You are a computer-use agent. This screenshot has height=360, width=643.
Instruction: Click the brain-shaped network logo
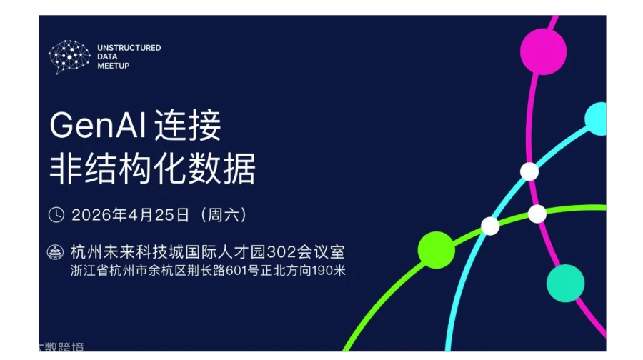[x=69, y=56]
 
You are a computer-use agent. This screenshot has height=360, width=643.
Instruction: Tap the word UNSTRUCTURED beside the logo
[x=129, y=48]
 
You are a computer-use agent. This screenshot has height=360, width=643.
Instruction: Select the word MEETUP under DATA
[x=113, y=66]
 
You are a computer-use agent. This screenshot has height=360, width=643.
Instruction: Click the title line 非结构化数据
[x=152, y=169]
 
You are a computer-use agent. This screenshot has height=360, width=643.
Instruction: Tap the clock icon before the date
[x=56, y=214]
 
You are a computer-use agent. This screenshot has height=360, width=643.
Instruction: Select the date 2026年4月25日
[x=130, y=214]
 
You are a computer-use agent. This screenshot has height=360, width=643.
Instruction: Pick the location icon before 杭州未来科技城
[x=56, y=253]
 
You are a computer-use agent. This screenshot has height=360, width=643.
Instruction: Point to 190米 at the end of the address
[x=330, y=271]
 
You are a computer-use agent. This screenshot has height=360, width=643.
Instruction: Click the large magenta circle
[x=543, y=51]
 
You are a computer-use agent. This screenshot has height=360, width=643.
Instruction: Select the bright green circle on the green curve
[x=436, y=250]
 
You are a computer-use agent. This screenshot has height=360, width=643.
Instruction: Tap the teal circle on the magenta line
[x=565, y=283]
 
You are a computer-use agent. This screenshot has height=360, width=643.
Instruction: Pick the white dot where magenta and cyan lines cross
[x=529, y=171]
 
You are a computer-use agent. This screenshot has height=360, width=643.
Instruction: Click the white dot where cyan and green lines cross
[x=490, y=226]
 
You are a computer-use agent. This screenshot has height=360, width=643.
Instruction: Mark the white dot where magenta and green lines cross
[x=537, y=214]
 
